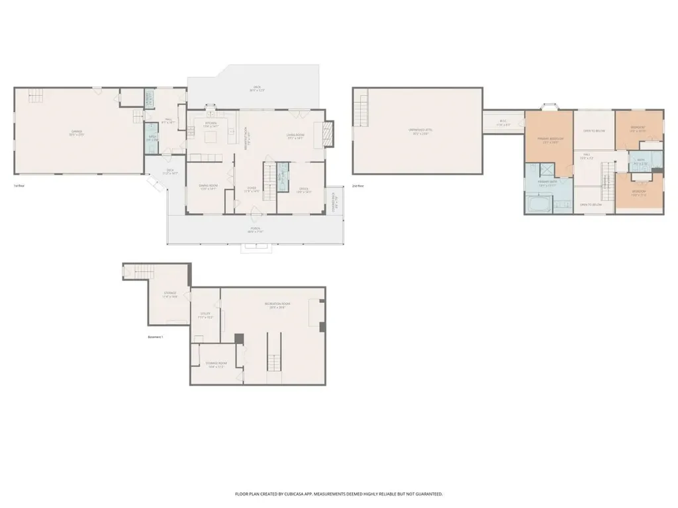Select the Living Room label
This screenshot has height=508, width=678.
295,135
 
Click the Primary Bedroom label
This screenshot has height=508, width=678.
549,140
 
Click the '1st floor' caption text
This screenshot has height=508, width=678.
20,185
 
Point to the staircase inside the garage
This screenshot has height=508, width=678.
36,97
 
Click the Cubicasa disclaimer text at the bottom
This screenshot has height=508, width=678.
338,493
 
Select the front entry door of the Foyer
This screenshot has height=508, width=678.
255,214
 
